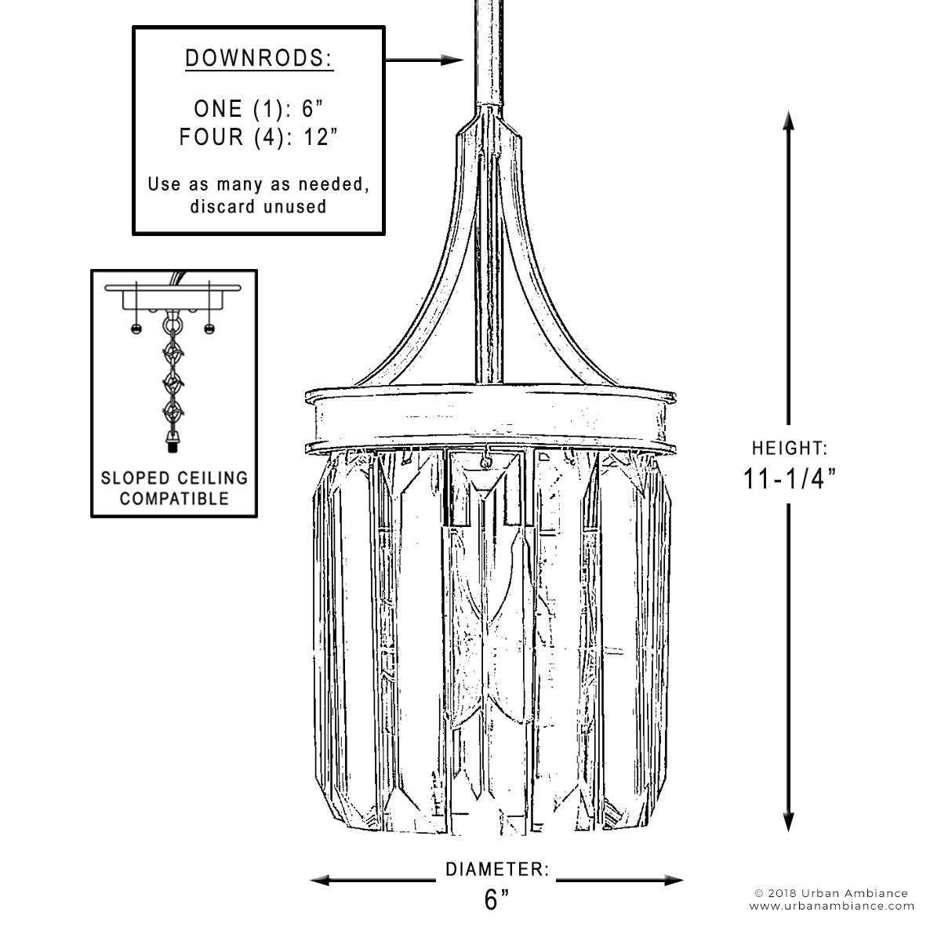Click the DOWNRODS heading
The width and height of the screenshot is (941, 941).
259,59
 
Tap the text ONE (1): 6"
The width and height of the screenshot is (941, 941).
259,108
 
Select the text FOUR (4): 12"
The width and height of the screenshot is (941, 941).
259,136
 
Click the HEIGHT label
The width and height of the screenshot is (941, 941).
790,449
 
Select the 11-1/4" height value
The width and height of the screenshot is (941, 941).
790,478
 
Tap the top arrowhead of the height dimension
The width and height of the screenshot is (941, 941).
789,121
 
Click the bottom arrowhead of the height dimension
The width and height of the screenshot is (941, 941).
789,822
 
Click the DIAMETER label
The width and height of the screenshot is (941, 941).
497,870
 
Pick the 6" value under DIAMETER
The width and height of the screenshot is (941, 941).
497,899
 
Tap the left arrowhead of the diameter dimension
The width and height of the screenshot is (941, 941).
321,881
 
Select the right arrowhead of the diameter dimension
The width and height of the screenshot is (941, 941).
673,881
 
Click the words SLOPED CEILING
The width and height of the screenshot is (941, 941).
174,478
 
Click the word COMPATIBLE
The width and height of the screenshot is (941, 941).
174,499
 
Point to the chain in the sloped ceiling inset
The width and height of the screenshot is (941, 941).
173,381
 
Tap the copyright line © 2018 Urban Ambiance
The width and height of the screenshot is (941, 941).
831,894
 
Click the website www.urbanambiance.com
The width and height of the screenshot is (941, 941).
832,906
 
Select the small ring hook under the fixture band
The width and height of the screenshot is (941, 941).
486,461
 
